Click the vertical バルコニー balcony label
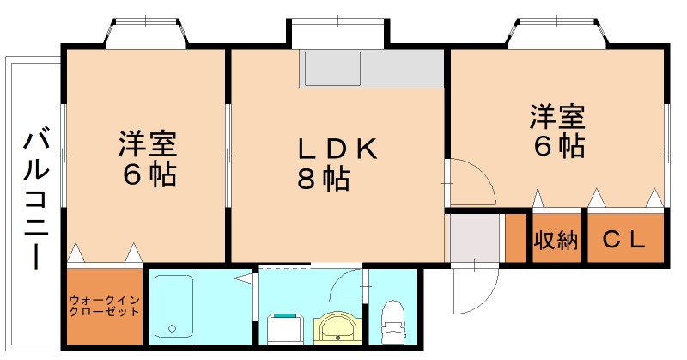coord(35,198)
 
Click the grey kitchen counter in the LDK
coord(371,68)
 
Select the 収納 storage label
coord(556,240)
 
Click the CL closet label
coord(623,240)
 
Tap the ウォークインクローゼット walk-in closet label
coord(104,306)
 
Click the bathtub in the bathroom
coord(173,306)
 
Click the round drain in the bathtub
coord(172,328)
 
